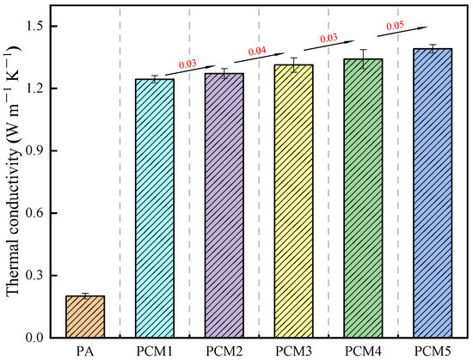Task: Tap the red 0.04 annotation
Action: [256, 51]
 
